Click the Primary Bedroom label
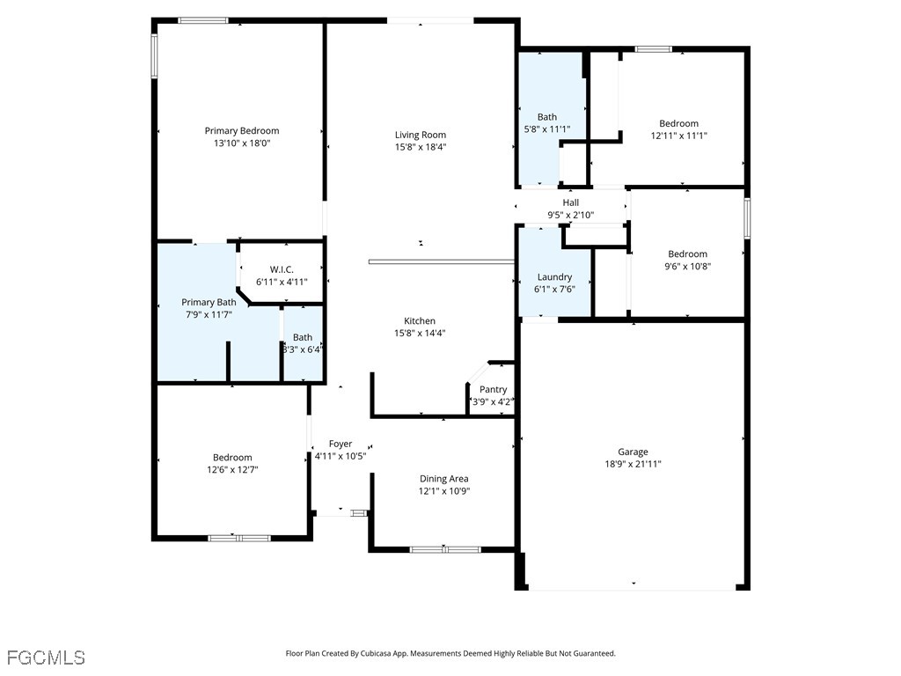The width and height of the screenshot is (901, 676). [241, 131]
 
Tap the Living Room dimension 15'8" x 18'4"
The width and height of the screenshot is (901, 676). [420, 147]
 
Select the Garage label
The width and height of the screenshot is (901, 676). [633, 452]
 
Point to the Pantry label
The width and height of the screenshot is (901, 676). [493, 390]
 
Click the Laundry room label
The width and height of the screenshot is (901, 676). [554, 276]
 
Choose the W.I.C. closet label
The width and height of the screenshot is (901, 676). [282, 269]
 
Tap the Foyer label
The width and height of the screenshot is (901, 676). [341, 444]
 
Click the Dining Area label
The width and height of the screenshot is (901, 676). [444, 479]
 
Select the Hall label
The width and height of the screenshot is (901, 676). [571, 202]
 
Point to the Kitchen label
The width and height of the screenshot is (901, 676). [420, 321]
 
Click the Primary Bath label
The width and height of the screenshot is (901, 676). [209, 302]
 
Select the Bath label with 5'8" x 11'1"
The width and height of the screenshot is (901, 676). [547, 117]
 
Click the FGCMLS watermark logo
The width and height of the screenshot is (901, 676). [46, 658]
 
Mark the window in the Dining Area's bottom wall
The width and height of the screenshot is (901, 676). [445, 549]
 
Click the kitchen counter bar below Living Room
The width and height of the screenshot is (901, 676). [441, 261]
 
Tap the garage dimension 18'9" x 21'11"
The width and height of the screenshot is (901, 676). [633, 464]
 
